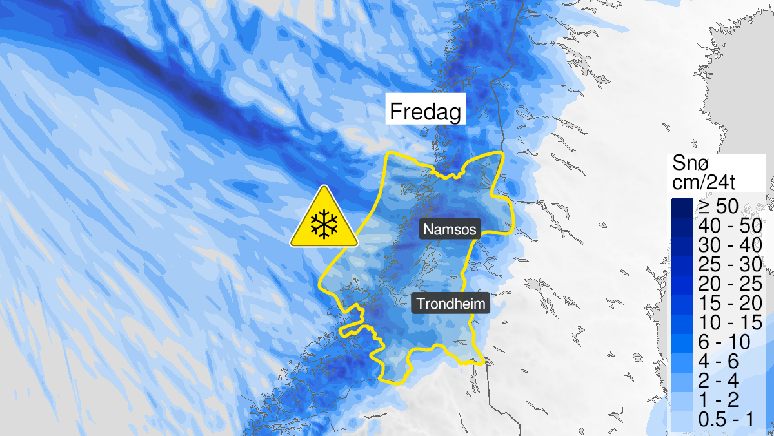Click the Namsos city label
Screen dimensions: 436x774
[450, 229]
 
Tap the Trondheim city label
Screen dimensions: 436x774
[450, 304]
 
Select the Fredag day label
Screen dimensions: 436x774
[425, 112]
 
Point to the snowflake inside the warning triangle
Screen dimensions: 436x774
[324, 225]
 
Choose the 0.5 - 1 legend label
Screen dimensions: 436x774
[726, 419]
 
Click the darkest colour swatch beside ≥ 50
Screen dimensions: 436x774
[681, 208]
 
